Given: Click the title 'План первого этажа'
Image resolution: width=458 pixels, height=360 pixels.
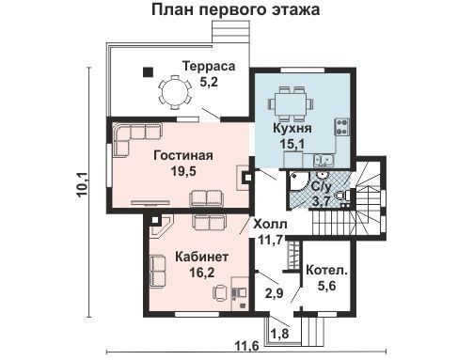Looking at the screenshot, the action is coord(236,9).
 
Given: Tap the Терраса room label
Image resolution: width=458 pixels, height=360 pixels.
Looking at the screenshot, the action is coord(209,67).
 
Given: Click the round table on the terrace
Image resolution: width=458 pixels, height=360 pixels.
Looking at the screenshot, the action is coord(175,92).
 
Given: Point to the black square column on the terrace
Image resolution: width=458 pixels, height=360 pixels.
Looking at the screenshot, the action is coord(148,72).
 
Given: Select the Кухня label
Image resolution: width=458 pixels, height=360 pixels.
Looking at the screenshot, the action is coord(292,129).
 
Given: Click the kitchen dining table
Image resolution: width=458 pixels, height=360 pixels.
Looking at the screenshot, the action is coord(291,104).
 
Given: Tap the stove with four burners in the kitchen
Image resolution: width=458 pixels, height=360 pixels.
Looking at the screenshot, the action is coord(342,127).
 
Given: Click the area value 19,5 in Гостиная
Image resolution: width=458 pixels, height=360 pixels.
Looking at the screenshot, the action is coord(183,171).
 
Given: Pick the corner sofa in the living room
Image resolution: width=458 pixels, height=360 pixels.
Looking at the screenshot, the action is coord(137,139).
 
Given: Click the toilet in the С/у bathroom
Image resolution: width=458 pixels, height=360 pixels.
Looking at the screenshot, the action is coord(342,196).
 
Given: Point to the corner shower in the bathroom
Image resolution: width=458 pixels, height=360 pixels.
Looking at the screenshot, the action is coord(299,181).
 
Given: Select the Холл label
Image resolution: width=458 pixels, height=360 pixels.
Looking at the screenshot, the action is coord(270,225).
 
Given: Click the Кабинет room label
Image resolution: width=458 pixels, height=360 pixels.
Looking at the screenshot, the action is coord(201,257).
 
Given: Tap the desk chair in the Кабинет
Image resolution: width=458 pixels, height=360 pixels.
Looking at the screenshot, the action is coord(220,292).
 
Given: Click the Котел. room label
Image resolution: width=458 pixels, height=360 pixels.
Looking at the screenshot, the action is coord(327,271).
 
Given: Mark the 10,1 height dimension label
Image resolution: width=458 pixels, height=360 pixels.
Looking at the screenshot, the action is coord(82,184).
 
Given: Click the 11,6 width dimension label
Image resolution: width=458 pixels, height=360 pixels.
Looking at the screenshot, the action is coord(247,347).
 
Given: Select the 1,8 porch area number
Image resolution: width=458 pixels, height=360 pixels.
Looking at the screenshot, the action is coord(279,334).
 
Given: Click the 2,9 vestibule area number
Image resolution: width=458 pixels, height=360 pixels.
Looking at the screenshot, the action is coord(274,293).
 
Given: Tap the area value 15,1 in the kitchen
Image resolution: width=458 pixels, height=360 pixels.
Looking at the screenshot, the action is coord(292,145).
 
